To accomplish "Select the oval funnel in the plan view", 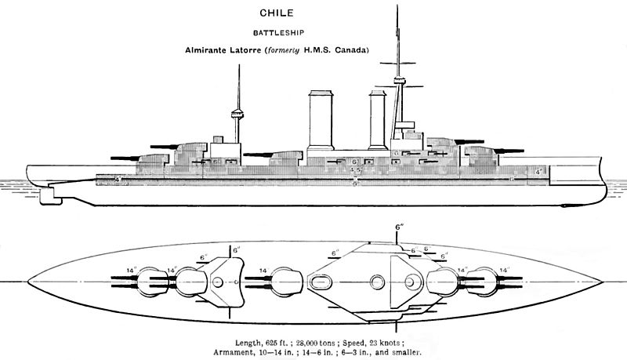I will [x=322, y=279].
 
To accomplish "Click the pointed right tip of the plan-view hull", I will [x=602, y=280].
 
